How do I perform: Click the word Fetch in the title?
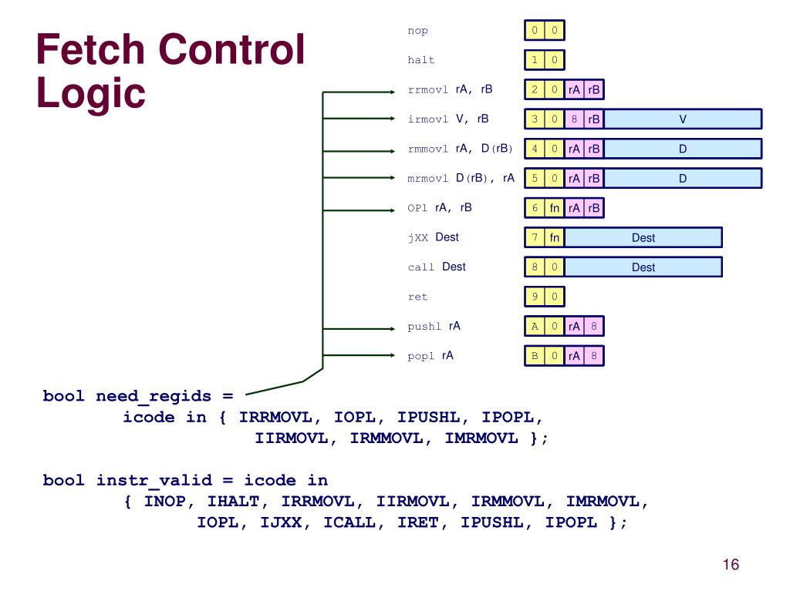pos(91,49)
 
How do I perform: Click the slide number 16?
pos(731,564)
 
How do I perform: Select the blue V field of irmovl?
pos(683,119)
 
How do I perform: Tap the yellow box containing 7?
pos(535,237)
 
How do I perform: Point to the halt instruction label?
pos(420,60)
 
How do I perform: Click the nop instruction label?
pos(417,31)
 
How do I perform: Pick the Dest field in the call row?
pos(643,267)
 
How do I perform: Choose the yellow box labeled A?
pos(535,326)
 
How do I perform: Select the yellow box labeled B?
pos(535,356)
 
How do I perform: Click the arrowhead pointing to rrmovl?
pos(393,92)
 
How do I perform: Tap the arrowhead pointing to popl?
pos(393,355)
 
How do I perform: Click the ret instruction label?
pos(417,297)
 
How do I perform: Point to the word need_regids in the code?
pos(154,396)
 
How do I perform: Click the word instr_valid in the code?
pos(154,480)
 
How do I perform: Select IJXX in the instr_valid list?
pos(281,522)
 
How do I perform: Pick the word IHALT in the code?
pos(233,502)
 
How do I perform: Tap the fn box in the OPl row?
pos(554,208)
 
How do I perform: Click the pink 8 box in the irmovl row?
pos(574,119)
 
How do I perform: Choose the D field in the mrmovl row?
pos(683,178)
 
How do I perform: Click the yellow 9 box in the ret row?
pos(535,297)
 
